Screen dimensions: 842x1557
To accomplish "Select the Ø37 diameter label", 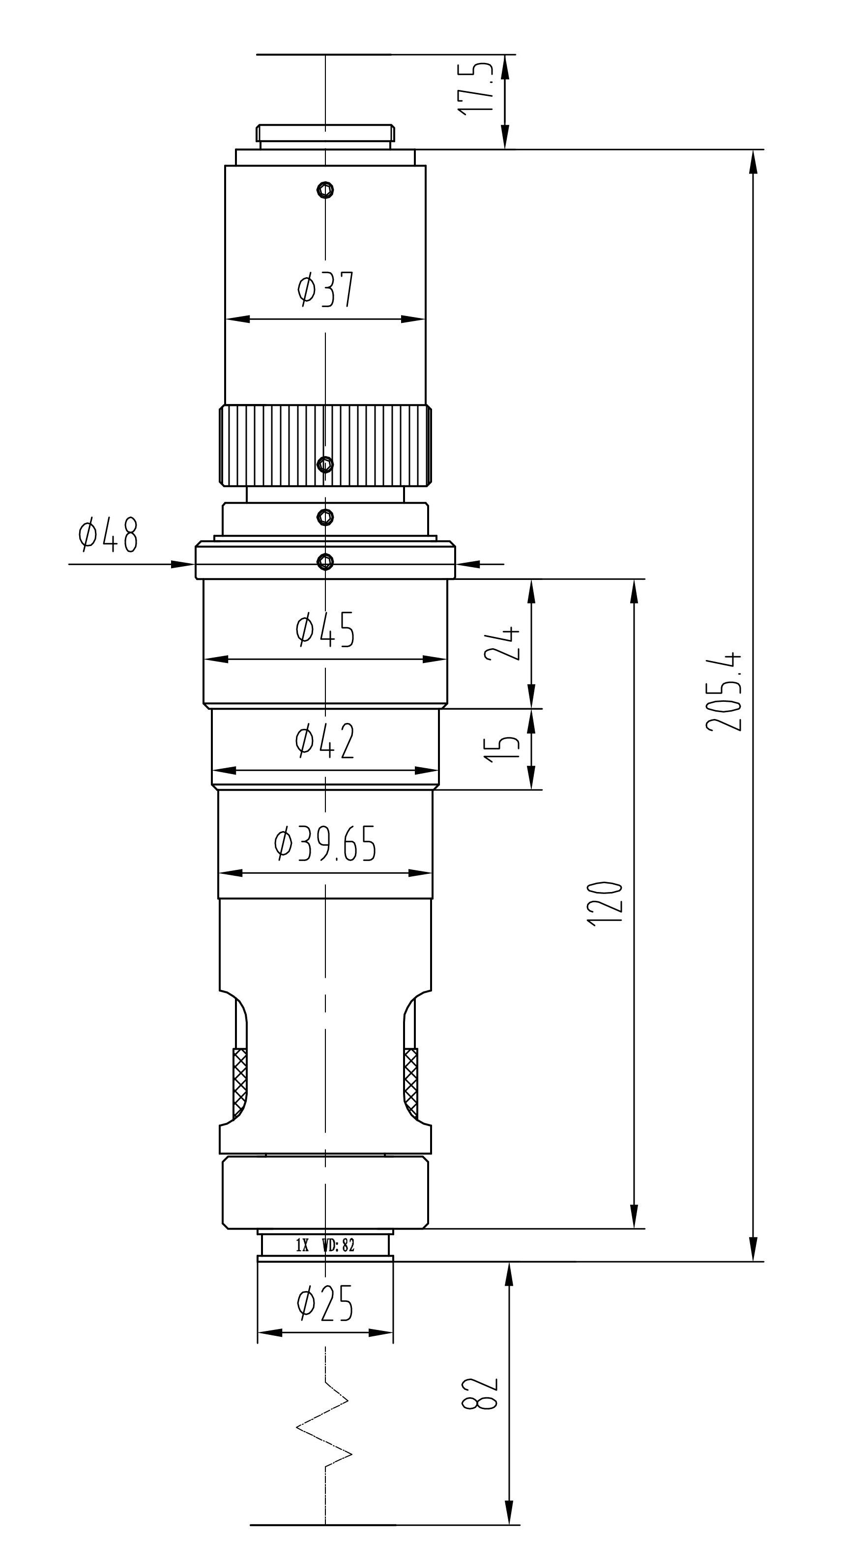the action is pos(325,289).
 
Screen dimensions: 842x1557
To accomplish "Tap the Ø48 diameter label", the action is pos(109,534).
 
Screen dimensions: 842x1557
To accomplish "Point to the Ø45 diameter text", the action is pos(325,629).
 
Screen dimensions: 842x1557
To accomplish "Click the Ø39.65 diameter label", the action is pos(325,844).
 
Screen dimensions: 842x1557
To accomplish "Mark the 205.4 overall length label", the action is pos(723,692).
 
